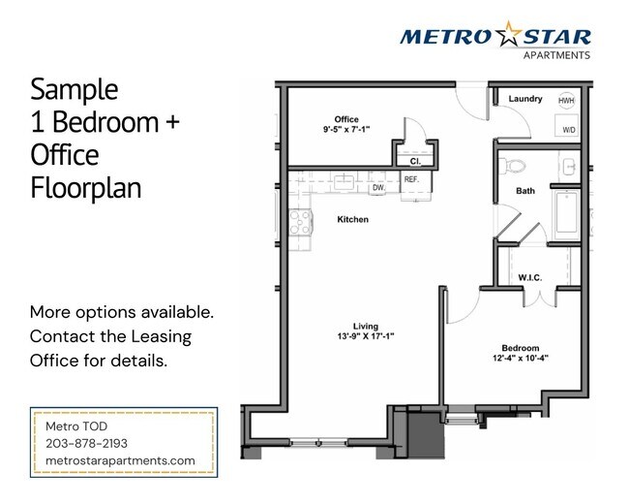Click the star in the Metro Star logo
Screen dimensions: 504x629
(x=508, y=37)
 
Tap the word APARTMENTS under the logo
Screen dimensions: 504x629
(x=556, y=56)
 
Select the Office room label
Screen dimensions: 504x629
(x=346, y=119)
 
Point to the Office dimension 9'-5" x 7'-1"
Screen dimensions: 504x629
(x=346, y=129)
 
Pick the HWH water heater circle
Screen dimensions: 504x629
(x=566, y=100)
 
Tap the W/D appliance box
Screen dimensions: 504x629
(x=568, y=128)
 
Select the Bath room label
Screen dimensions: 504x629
(x=525, y=191)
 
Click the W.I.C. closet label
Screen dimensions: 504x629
(x=529, y=277)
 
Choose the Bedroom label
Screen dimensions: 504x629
(x=520, y=348)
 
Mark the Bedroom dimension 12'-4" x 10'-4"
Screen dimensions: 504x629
(x=520, y=359)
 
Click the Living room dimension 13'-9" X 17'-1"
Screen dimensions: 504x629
(x=365, y=336)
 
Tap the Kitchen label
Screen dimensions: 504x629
(x=352, y=220)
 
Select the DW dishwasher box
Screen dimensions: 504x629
(x=377, y=187)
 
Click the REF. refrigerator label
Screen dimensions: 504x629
(x=411, y=179)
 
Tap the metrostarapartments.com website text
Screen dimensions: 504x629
(x=121, y=460)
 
